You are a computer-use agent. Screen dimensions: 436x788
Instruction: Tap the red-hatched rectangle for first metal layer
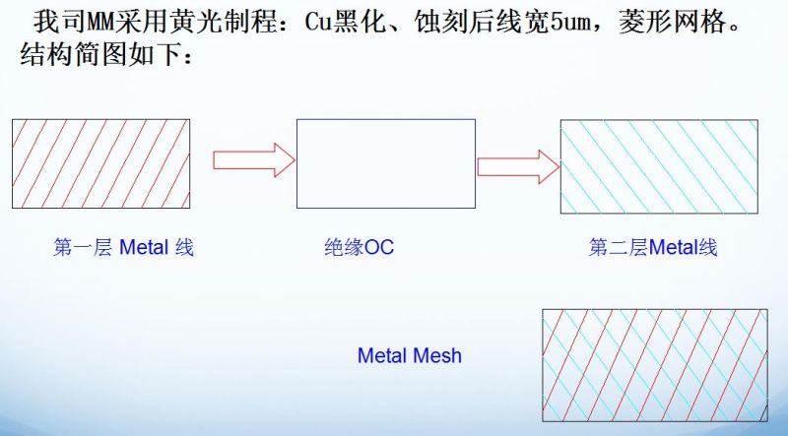[x=100, y=163]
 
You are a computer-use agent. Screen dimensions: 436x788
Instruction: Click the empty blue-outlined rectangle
[x=385, y=163]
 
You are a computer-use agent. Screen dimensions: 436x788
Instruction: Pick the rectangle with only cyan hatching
[x=659, y=165]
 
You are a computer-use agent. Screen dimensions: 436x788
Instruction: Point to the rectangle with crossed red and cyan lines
[x=655, y=365]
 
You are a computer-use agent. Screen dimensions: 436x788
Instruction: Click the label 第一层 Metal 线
[x=123, y=248]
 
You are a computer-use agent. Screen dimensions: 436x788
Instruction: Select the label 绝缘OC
[x=359, y=248]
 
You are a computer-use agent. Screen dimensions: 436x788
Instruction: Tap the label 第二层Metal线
[x=653, y=248]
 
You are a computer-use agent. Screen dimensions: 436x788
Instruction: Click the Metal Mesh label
[x=409, y=355]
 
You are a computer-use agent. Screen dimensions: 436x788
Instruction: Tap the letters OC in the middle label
[x=379, y=248]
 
